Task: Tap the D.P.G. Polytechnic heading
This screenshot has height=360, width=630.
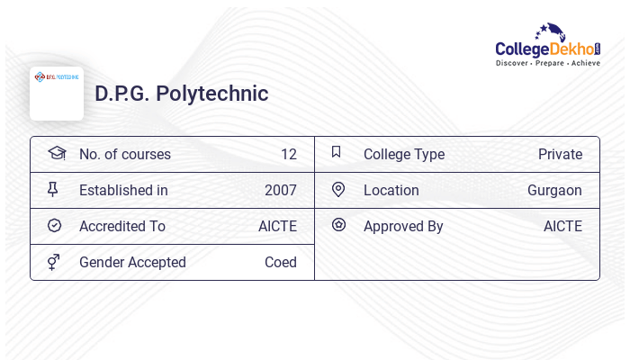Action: [x=182, y=94]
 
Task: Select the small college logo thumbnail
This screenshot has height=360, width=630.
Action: [x=57, y=93]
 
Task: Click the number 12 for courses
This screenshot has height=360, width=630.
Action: [x=288, y=155]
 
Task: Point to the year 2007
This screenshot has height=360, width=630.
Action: [x=280, y=191]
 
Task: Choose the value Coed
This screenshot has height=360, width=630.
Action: [x=280, y=263]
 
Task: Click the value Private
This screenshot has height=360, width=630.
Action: [x=560, y=155]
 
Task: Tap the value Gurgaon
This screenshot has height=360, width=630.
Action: [x=554, y=191]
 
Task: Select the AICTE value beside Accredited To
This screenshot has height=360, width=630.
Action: [x=277, y=227]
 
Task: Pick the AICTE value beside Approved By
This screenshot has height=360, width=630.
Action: [x=562, y=227]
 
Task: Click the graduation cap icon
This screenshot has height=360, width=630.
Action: [x=56, y=153]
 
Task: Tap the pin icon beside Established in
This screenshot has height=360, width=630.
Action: [x=53, y=190]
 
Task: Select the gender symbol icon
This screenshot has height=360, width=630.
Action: [x=54, y=262]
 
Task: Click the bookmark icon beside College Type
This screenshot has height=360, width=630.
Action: [x=337, y=152]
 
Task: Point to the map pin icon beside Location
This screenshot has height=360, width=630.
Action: [x=338, y=189]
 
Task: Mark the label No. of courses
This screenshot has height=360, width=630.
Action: [x=124, y=155]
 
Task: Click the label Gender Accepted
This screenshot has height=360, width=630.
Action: [x=132, y=263]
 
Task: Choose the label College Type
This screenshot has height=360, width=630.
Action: [x=403, y=155]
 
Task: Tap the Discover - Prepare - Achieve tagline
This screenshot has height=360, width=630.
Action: [x=547, y=64]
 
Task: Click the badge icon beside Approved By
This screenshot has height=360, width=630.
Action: [x=338, y=225]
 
